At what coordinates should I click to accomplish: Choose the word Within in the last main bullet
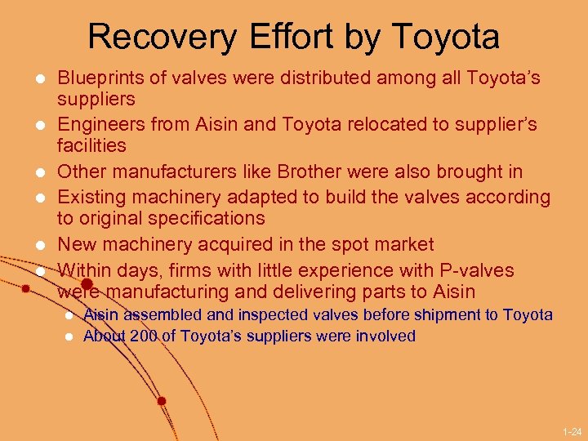pos(86,269)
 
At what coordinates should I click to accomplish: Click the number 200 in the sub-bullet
pos(144,336)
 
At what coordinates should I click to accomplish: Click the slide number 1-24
pos(572,430)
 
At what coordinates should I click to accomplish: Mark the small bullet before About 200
pos(69,336)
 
